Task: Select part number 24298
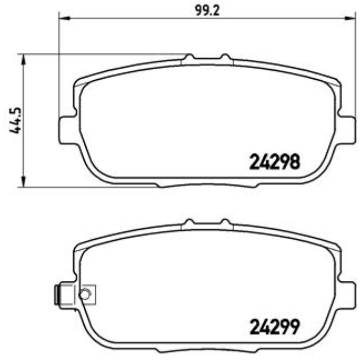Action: [274, 162]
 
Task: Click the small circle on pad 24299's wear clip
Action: [85, 294]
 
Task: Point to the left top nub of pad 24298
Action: [189, 57]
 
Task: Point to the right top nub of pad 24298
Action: [225, 57]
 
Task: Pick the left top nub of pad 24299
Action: [189, 222]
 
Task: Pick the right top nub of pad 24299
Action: [225, 222]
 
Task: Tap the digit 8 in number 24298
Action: [295, 162]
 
